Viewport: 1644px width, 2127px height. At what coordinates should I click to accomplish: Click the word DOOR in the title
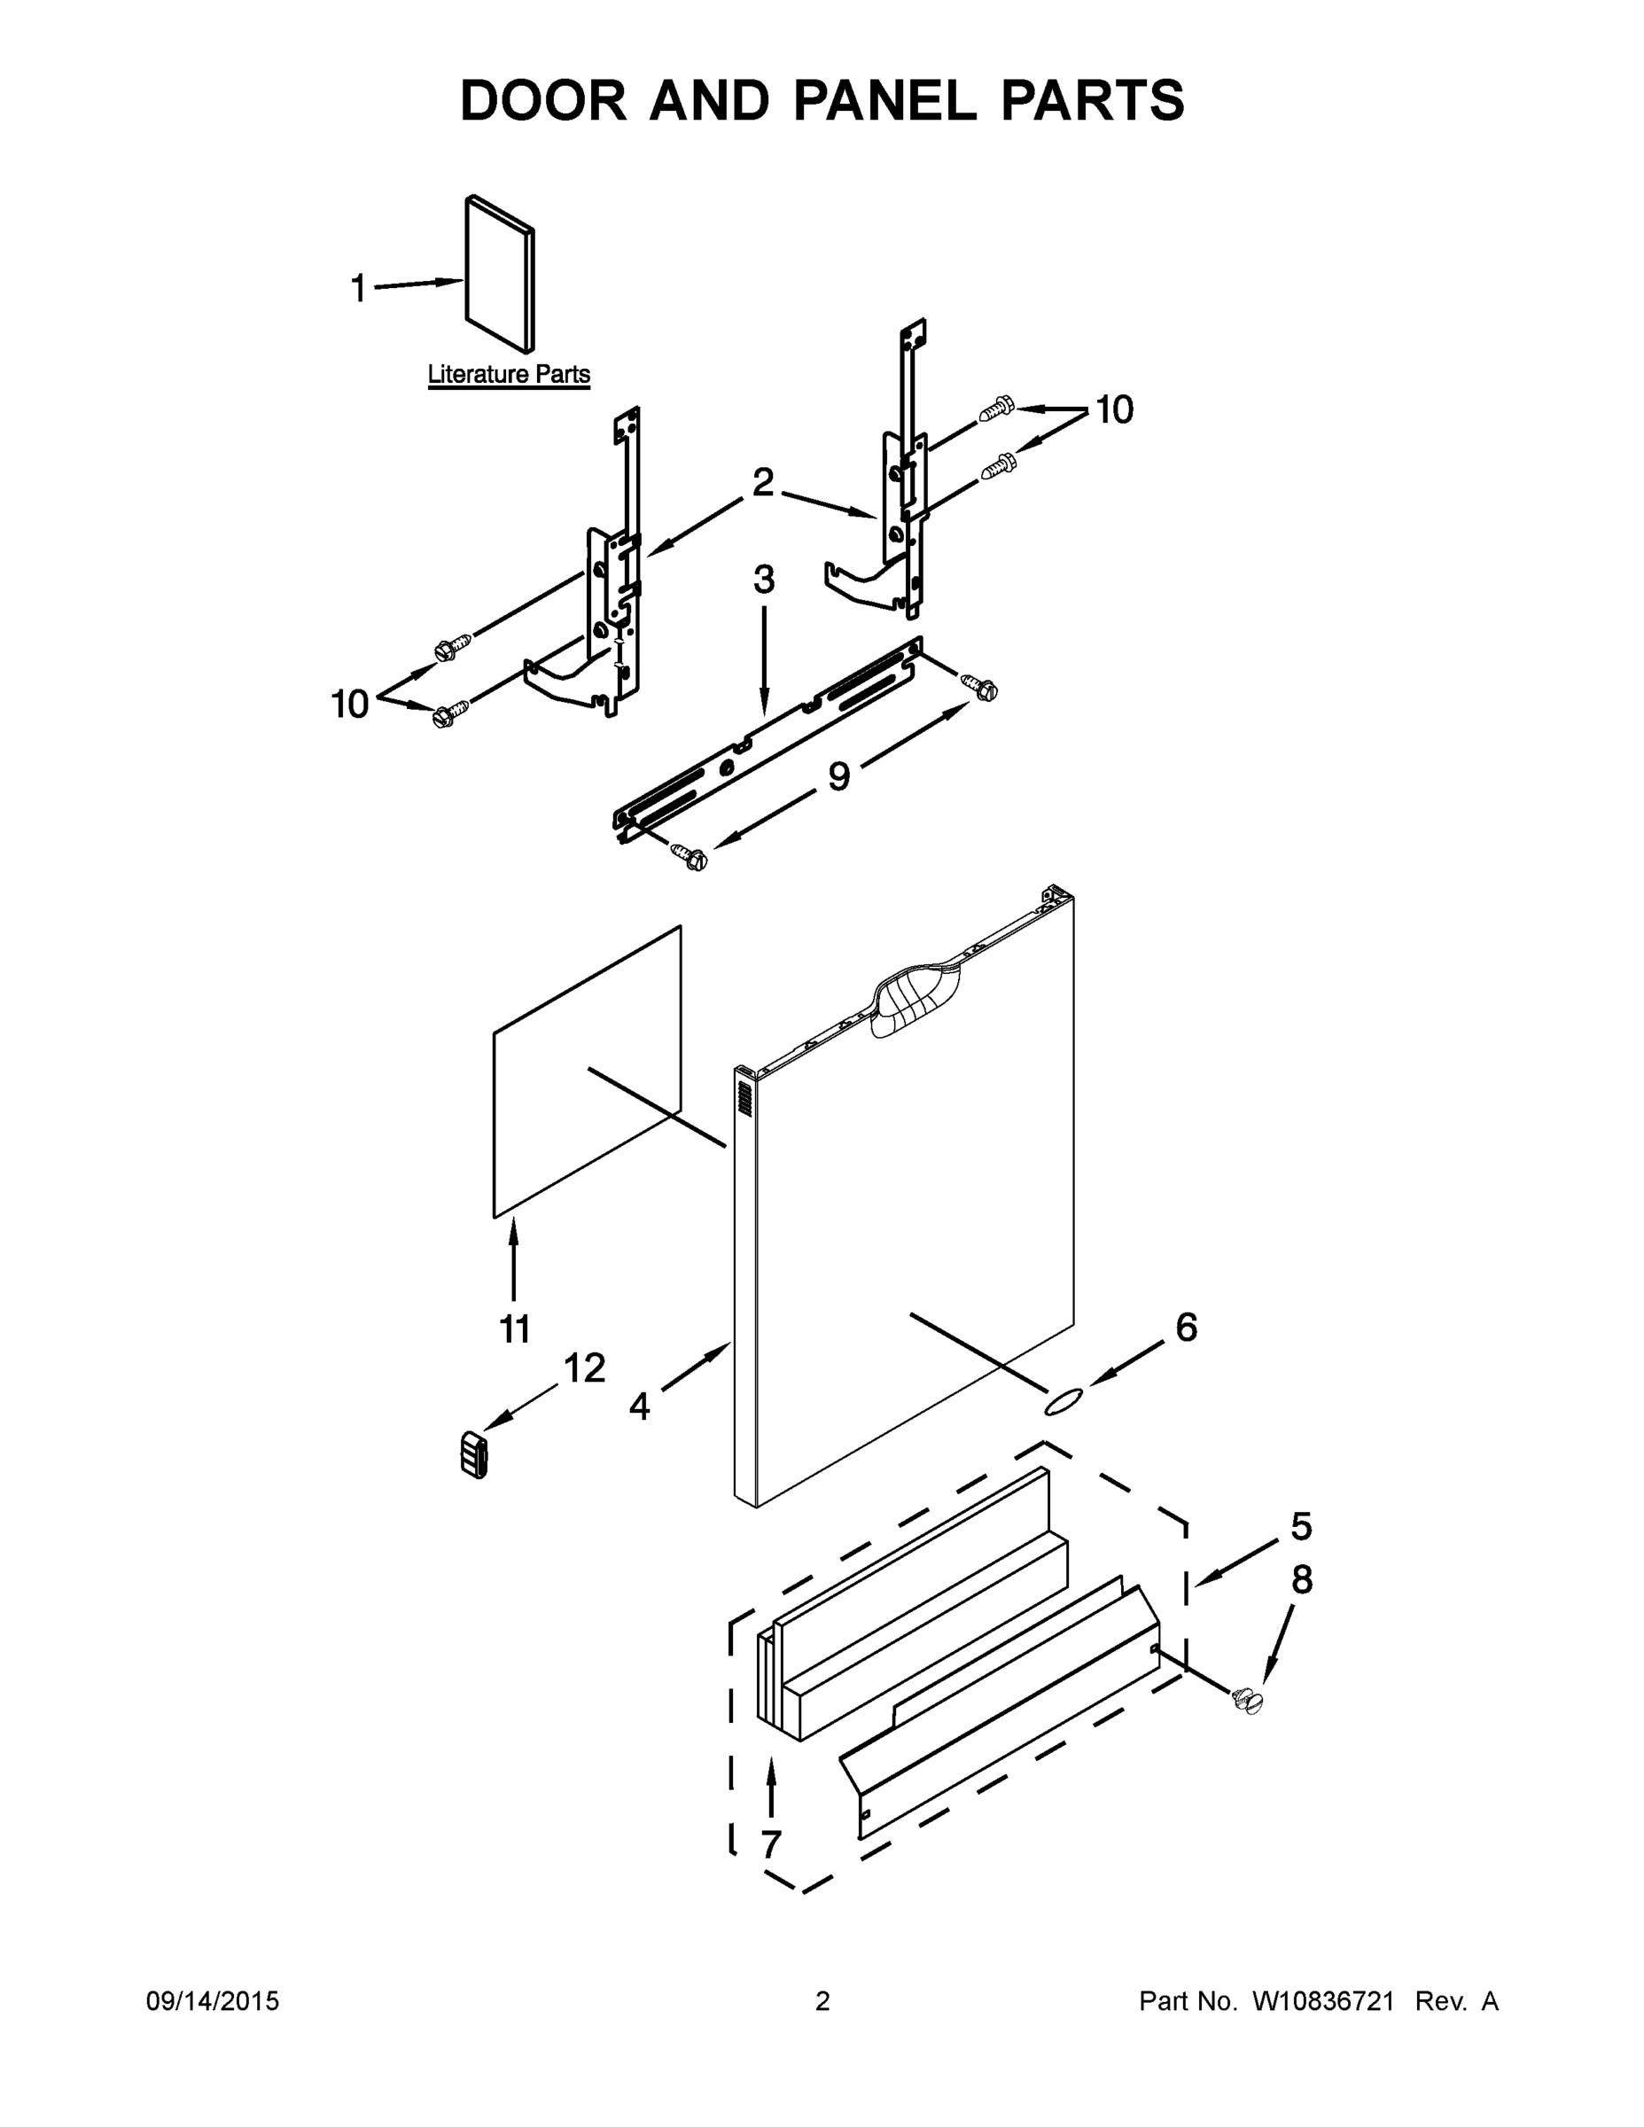pyautogui.click(x=543, y=100)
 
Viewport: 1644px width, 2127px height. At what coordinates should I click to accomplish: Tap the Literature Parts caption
pyautogui.click(x=509, y=374)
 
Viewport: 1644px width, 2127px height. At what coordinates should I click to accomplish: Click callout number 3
pyautogui.click(x=764, y=580)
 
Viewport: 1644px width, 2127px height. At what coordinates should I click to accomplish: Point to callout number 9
pyautogui.click(x=838, y=776)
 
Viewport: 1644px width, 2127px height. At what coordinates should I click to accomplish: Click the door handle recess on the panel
pyautogui.click(x=915, y=999)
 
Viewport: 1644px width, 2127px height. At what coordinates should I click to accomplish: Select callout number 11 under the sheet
pyautogui.click(x=514, y=1328)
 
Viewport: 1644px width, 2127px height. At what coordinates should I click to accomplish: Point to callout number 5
pyautogui.click(x=1301, y=1526)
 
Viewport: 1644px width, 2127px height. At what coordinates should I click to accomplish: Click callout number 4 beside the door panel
pyautogui.click(x=639, y=1406)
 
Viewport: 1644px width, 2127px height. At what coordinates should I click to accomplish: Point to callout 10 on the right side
pyautogui.click(x=1114, y=410)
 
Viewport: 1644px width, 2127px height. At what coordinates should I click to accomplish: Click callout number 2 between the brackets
pyautogui.click(x=762, y=481)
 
